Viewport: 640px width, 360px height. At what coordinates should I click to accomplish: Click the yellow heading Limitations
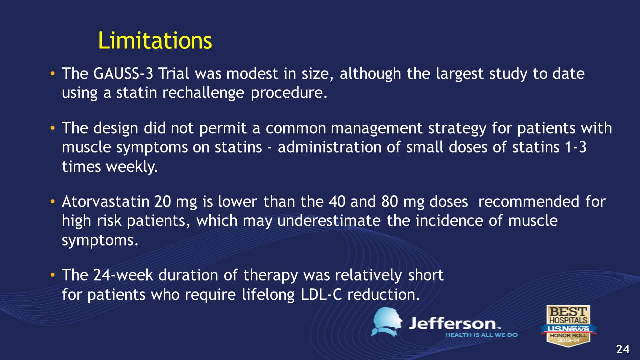click(x=155, y=41)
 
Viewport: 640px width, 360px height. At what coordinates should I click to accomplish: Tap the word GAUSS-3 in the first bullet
click(x=123, y=74)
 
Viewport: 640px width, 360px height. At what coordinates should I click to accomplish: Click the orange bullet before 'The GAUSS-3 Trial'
click(x=52, y=74)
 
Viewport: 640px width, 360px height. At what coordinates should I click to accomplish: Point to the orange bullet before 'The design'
click(x=52, y=128)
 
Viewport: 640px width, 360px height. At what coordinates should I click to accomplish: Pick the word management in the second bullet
click(x=376, y=129)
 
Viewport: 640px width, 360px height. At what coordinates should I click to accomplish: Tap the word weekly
click(x=132, y=166)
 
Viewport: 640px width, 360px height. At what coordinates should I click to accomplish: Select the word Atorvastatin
click(x=106, y=202)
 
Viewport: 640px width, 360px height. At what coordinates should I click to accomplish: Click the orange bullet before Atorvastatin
click(x=52, y=202)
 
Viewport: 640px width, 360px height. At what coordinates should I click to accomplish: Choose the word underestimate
click(x=329, y=221)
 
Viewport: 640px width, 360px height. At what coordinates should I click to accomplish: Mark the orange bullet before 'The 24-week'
click(x=52, y=275)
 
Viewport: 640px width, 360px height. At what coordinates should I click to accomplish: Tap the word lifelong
click(x=268, y=295)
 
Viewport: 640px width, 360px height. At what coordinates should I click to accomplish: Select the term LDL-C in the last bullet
click(x=321, y=295)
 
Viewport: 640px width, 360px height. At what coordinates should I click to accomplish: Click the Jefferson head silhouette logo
click(x=387, y=322)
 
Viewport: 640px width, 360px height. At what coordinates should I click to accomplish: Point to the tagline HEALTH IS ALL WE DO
click(x=481, y=335)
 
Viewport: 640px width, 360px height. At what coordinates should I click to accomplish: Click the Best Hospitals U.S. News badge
click(x=568, y=325)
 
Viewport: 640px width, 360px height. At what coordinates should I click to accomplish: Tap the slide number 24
click(x=623, y=349)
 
